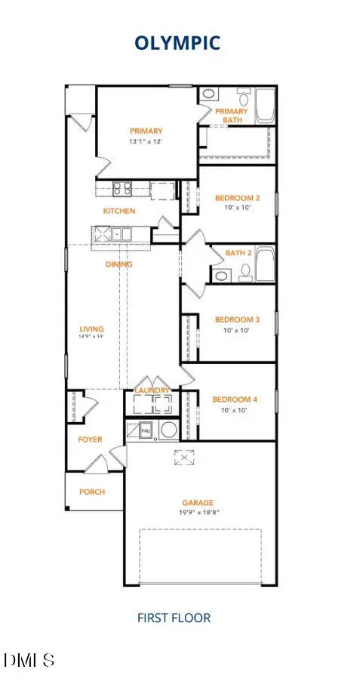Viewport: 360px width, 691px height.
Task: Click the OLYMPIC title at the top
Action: pyautogui.click(x=177, y=43)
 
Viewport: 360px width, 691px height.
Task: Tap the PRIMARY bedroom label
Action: pyautogui.click(x=146, y=131)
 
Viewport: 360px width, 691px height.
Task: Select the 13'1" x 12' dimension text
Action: pyautogui.click(x=146, y=141)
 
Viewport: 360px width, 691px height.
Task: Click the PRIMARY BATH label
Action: pyautogui.click(x=231, y=116)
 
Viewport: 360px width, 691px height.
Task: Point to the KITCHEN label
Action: pyautogui.click(x=119, y=211)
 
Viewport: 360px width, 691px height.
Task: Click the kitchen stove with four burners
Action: pyautogui.click(x=123, y=189)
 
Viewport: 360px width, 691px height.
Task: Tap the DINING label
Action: pyautogui.click(x=118, y=264)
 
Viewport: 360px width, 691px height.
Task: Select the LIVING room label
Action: pyautogui.click(x=91, y=329)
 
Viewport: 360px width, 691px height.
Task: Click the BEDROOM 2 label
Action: pyautogui.click(x=237, y=198)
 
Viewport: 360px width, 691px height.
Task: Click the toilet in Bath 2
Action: pyautogui.click(x=245, y=273)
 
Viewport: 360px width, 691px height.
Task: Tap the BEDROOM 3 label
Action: pyautogui.click(x=237, y=319)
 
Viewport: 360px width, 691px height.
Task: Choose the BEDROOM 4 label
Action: pyautogui.click(x=234, y=399)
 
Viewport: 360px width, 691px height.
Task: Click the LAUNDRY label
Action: pyautogui.click(x=152, y=390)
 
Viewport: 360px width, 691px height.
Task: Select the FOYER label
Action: pyautogui.click(x=90, y=440)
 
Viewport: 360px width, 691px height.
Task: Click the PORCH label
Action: pyautogui.click(x=92, y=492)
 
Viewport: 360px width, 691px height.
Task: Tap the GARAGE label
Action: pyautogui.click(x=197, y=502)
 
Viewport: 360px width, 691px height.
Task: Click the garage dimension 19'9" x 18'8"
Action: pyautogui.click(x=197, y=512)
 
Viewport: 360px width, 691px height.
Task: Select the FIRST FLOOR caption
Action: pyautogui.click(x=174, y=618)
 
